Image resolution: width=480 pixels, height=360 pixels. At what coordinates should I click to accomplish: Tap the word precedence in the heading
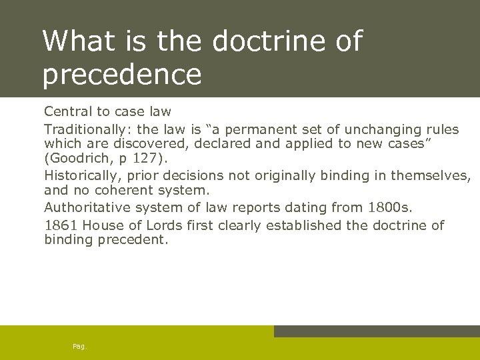121,74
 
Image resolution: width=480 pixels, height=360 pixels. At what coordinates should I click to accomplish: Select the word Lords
165,225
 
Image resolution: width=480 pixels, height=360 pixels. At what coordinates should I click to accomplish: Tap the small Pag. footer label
80,347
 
